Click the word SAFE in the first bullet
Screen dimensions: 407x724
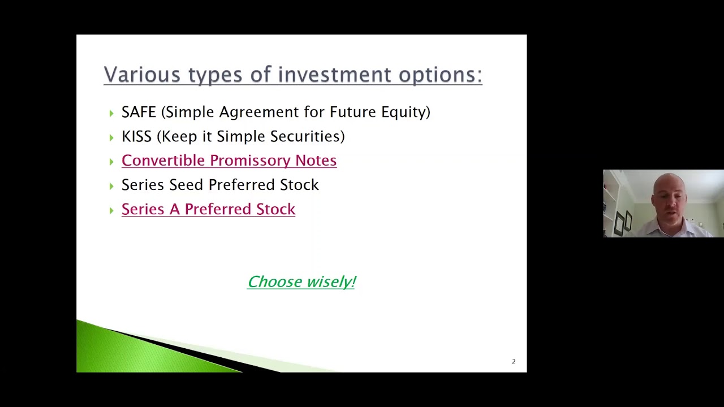[139, 112]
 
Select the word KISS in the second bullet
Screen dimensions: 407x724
[136, 136]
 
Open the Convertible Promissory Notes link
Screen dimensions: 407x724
[229, 161]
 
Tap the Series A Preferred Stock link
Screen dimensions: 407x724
[208, 209]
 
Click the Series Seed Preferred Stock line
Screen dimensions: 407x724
[220, 185]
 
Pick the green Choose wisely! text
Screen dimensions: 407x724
[301, 282]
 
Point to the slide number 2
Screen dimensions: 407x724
[514, 361]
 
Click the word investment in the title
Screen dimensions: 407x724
[334, 75]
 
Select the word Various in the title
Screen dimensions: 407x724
[142, 75]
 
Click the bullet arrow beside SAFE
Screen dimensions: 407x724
[111, 113]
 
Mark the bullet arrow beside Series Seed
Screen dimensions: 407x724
[111, 186]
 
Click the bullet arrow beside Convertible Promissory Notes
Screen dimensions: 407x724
[111, 162]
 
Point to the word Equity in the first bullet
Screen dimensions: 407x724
[405, 112]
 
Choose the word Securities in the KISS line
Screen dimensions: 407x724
[307, 136]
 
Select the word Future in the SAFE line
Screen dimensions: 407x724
[352, 112]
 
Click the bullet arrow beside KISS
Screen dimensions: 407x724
[111, 137]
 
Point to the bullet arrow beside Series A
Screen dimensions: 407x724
[111, 210]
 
